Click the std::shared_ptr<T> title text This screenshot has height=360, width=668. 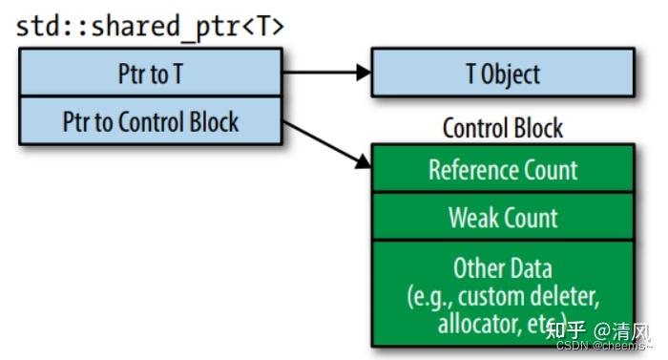click(150, 26)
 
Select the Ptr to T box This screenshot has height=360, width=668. click(150, 74)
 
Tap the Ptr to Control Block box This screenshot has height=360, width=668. click(150, 121)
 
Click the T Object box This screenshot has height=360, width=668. click(502, 74)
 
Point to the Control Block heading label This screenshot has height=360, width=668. click(502, 128)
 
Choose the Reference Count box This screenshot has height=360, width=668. click(502, 170)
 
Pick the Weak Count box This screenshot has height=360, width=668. click(502, 217)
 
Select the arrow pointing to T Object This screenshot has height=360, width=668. click(324, 73)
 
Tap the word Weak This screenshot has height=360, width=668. click(472, 217)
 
